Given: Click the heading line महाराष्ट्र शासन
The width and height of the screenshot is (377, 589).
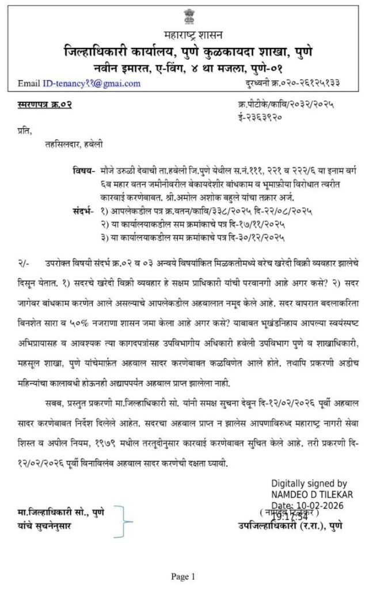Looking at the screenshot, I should point(188,38).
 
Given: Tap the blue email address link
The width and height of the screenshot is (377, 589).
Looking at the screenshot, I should point(92,83).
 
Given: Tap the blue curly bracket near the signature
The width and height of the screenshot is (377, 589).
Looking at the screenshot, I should point(123,521).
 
